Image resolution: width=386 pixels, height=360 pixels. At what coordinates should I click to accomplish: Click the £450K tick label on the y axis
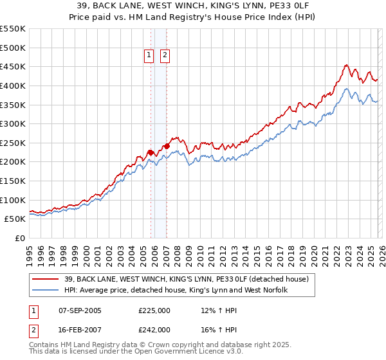tap(13, 66)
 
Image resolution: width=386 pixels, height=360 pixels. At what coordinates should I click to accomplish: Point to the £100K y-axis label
tap(13, 200)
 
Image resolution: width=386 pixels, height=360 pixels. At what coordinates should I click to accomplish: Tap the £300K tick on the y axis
tap(13, 123)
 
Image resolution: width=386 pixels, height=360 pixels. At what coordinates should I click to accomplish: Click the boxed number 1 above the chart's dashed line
tap(149, 56)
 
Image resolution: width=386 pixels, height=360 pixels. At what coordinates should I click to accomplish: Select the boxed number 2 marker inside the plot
tap(165, 56)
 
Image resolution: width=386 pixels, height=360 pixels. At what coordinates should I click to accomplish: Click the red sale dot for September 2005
tap(151, 152)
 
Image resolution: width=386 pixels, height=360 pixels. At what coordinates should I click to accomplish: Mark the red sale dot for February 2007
tap(167, 146)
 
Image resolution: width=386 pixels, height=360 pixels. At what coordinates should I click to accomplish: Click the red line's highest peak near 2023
tap(346, 65)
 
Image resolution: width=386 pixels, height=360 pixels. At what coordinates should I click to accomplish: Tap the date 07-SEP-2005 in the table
tap(80, 310)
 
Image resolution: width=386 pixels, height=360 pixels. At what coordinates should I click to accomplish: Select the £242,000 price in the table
tap(154, 329)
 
